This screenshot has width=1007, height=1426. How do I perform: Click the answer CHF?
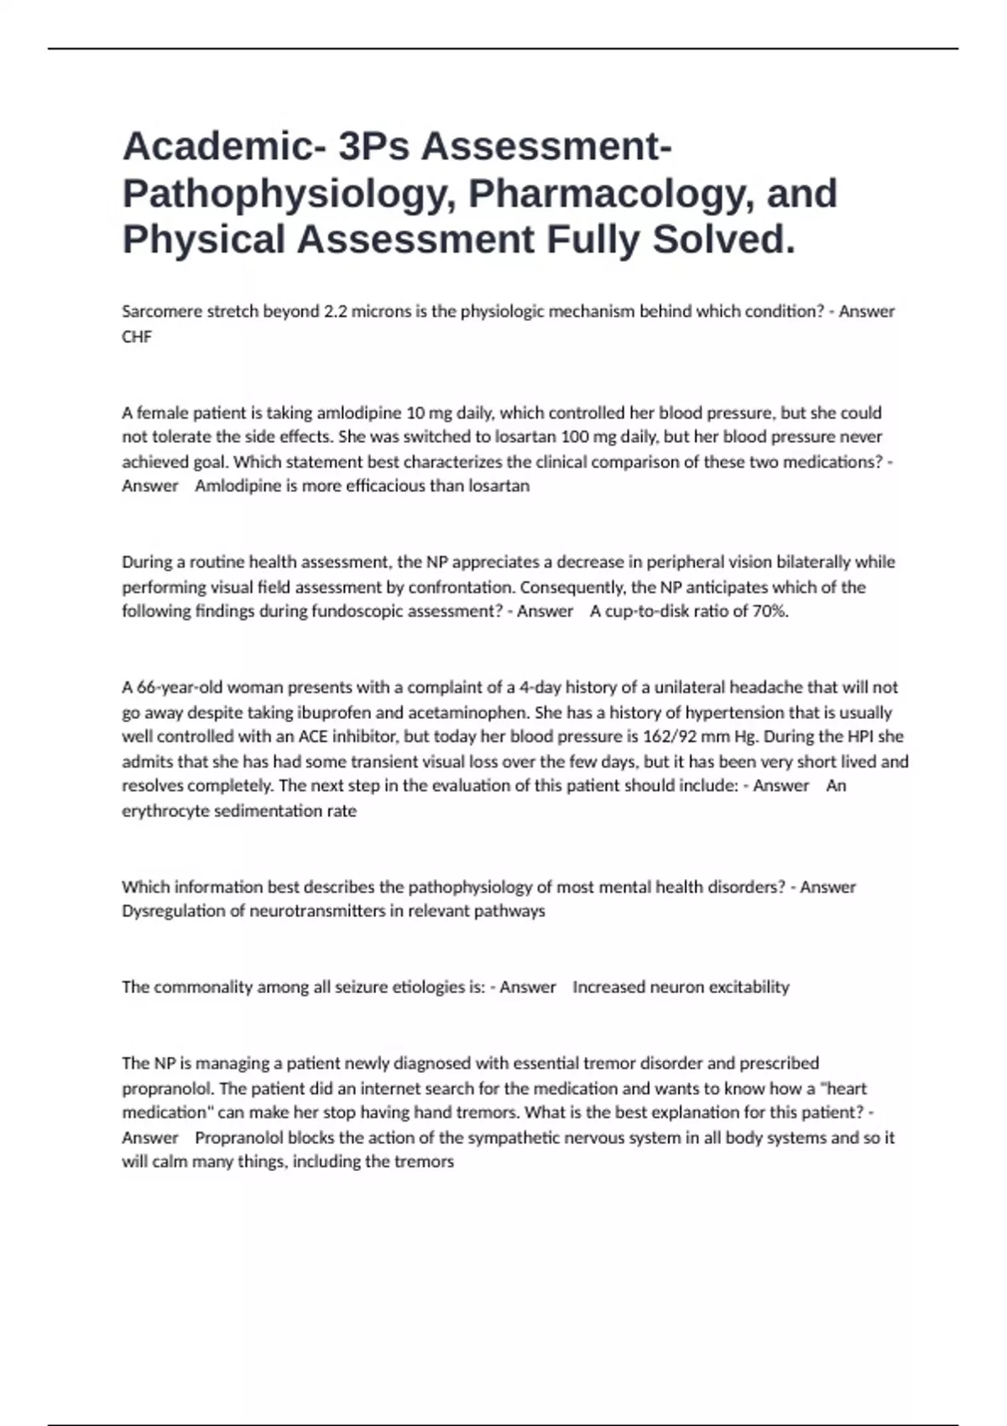coord(137,336)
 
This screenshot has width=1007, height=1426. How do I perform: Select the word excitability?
coord(749,986)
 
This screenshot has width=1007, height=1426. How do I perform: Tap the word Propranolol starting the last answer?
coord(239,1137)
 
